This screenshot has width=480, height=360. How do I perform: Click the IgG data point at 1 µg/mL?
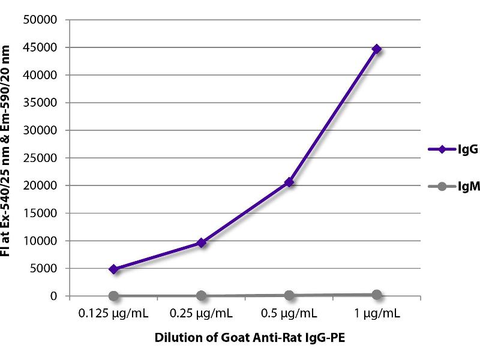(376, 49)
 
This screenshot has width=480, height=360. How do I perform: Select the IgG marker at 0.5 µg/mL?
(289, 182)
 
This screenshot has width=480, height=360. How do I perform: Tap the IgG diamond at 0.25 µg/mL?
(202, 242)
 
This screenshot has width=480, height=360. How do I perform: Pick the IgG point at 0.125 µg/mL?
(114, 269)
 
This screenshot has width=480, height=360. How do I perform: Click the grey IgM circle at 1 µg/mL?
(376, 295)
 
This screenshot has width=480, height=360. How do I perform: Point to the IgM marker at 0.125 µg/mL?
(114, 296)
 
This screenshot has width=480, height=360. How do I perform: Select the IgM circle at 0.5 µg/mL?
(289, 295)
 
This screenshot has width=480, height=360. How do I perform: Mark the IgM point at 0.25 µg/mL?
(202, 296)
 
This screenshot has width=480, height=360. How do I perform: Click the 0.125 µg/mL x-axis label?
(114, 313)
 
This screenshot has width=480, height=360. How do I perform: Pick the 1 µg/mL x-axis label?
(376, 313)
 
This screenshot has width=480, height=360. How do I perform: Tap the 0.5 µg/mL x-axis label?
(289, 313)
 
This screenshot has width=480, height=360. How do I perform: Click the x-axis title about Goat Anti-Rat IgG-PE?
(245, 338)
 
